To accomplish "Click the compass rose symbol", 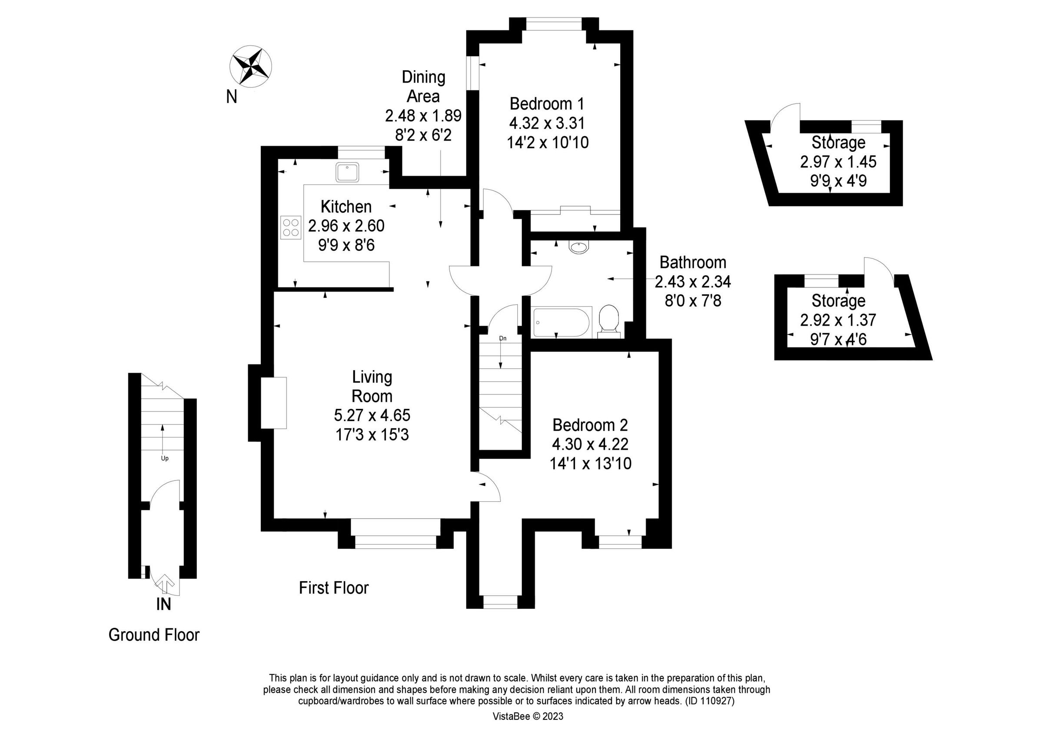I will (251, 67).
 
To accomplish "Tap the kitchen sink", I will (348, 172).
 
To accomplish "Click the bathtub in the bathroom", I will (562, 322).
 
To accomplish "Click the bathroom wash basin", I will (578, 247).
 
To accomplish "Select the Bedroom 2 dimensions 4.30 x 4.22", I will (590, 444).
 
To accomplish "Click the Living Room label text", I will (372, 387).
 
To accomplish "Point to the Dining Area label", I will (423, 87).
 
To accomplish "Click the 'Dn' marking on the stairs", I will (502, 338).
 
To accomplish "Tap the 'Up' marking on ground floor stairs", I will (164, 458).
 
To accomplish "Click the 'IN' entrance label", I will (163, 604).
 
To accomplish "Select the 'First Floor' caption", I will (333, 588).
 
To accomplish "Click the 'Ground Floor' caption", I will (153, 635).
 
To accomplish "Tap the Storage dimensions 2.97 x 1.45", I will (838, 162).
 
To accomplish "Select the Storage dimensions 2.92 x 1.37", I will (838, 320).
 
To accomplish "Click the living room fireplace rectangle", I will (273, 403).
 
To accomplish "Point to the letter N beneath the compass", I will (232, 97).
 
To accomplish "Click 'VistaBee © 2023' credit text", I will (528, 717).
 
